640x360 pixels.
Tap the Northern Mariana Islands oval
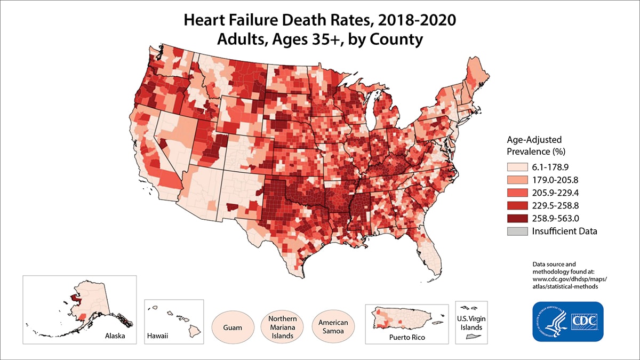click(x=282, y=326)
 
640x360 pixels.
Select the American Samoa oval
click(x=333, y=326)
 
